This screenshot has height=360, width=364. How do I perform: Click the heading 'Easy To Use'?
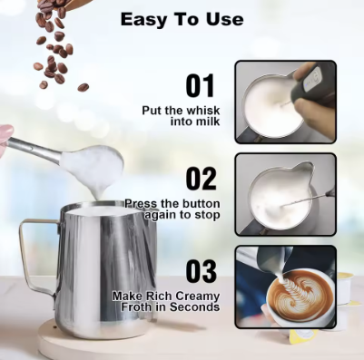(182, 18)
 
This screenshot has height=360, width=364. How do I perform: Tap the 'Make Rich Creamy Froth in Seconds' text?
(166, 301)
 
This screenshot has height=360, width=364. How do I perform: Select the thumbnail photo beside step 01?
(285, 101)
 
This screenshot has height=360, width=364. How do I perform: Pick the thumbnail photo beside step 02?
(285, 193)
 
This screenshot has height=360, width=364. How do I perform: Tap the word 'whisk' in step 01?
(202, 110)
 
